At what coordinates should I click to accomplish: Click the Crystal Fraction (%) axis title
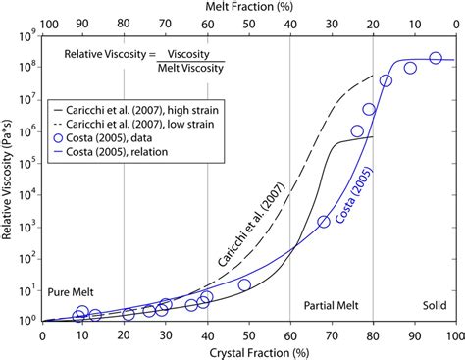247,350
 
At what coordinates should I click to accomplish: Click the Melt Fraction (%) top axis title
247,8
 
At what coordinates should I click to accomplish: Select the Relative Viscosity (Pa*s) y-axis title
9,178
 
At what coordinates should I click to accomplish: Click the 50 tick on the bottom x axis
247,334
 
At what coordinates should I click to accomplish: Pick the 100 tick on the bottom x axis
452,334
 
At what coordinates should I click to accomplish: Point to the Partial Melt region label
331,305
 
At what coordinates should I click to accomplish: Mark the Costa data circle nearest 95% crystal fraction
435,58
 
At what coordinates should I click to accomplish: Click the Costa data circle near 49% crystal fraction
244,284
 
